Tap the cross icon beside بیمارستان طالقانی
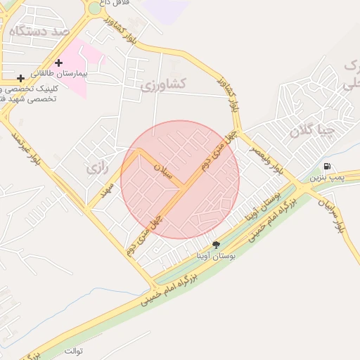[59, 63]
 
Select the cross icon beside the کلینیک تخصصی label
[21, 77]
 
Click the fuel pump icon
[327, 167]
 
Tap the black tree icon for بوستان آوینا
[216, 245]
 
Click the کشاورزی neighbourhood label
[162, 84]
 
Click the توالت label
[73, 350]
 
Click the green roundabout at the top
[94, 8]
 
